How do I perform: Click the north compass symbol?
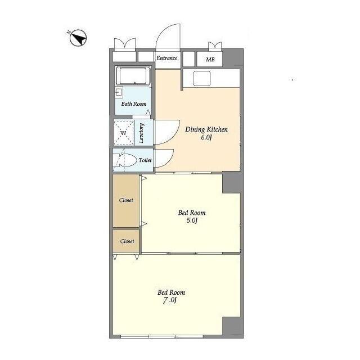tap(78, 38)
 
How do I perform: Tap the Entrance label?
tap(167, 58)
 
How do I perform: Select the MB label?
tap(210, 60)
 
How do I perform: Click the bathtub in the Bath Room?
tap(133, 75)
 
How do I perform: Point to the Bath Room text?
tap(134, 103)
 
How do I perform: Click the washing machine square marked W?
tap(124, 133)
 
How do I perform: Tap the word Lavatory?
tap(141, 133)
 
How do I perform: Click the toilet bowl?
tap(125, 160)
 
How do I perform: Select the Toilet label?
tap(145, 160)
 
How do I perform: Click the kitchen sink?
tap(202, 79)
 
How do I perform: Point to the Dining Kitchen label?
tap(206, 129)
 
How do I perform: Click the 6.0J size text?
tap(206, 137)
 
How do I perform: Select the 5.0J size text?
tap(192, 220)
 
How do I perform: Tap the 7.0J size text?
tap(170, 300)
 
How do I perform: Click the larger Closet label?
tap(126, 200)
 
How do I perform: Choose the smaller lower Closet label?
tap(127, 241)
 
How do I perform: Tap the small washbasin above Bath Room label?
tap(119, 92)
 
